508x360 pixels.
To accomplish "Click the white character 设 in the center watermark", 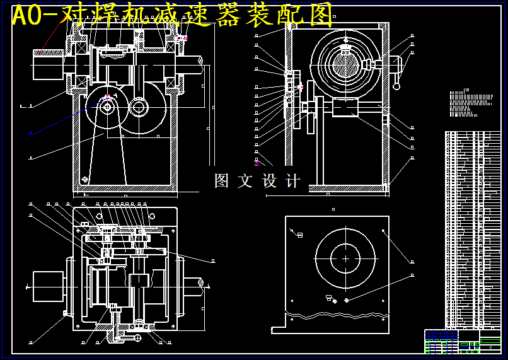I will pyautogui.click(x=270, y=181).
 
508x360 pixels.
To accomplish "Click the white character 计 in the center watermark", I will pyautogui.click(x=293, y=181).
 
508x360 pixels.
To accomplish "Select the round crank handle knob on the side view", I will pyautogui.click(x=397, y=86).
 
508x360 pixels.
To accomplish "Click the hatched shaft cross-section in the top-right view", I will pyautogui.click(x=345, y=65).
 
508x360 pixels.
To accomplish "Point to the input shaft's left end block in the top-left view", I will pyautogui.click(x=48, y=65).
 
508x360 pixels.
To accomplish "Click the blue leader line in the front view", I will pyautogui.click(x=63, y=120).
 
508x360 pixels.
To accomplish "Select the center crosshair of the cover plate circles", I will pyautogui.click(x=345, y=258).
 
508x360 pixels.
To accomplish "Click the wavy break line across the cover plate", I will pyautogui.click(x=334, y=314).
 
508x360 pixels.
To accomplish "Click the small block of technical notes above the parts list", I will pyautogui.click(x=470, y=104).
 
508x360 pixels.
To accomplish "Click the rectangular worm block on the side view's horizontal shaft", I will pyautogui.click(x=344, y=108).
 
